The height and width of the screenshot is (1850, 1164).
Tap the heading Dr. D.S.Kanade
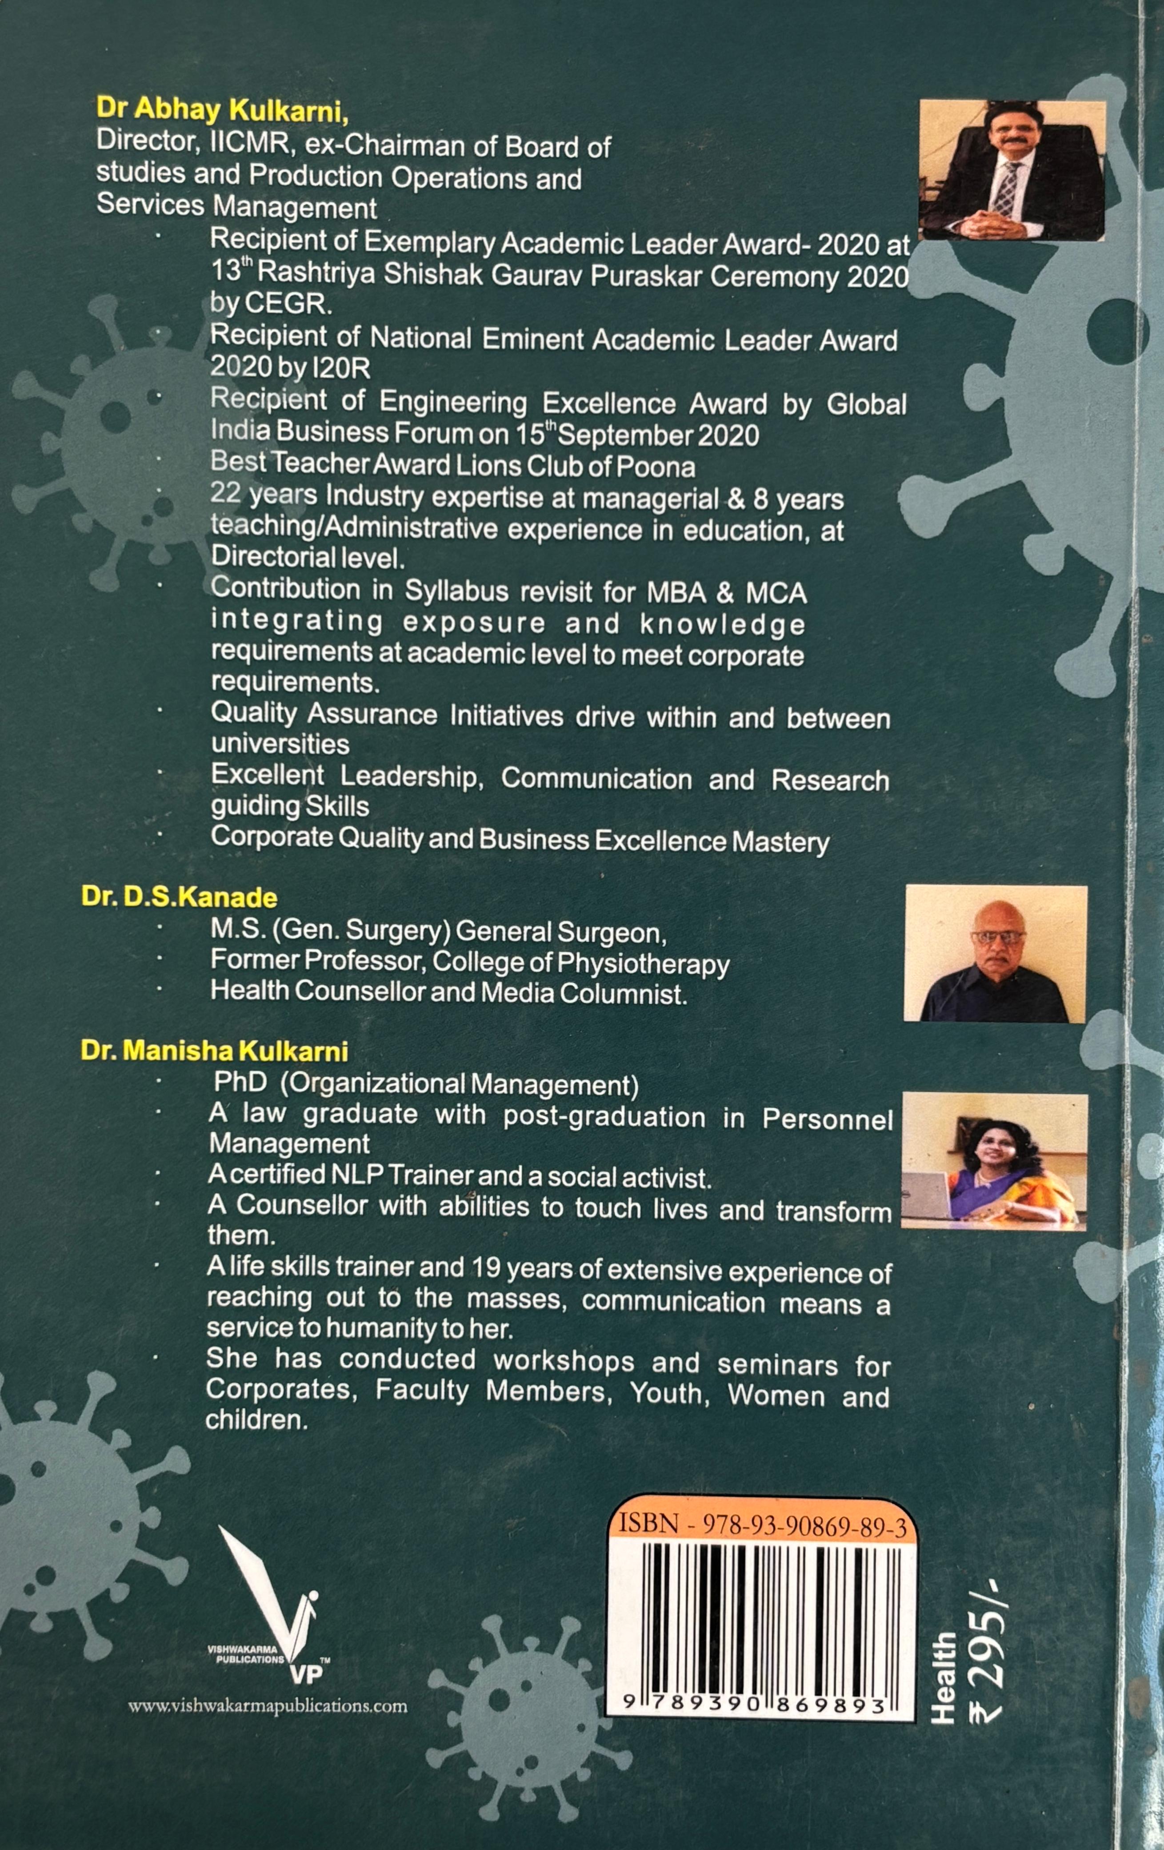180,897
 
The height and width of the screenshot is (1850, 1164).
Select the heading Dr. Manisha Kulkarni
215,1051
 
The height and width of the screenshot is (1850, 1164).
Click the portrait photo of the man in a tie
1012,171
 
